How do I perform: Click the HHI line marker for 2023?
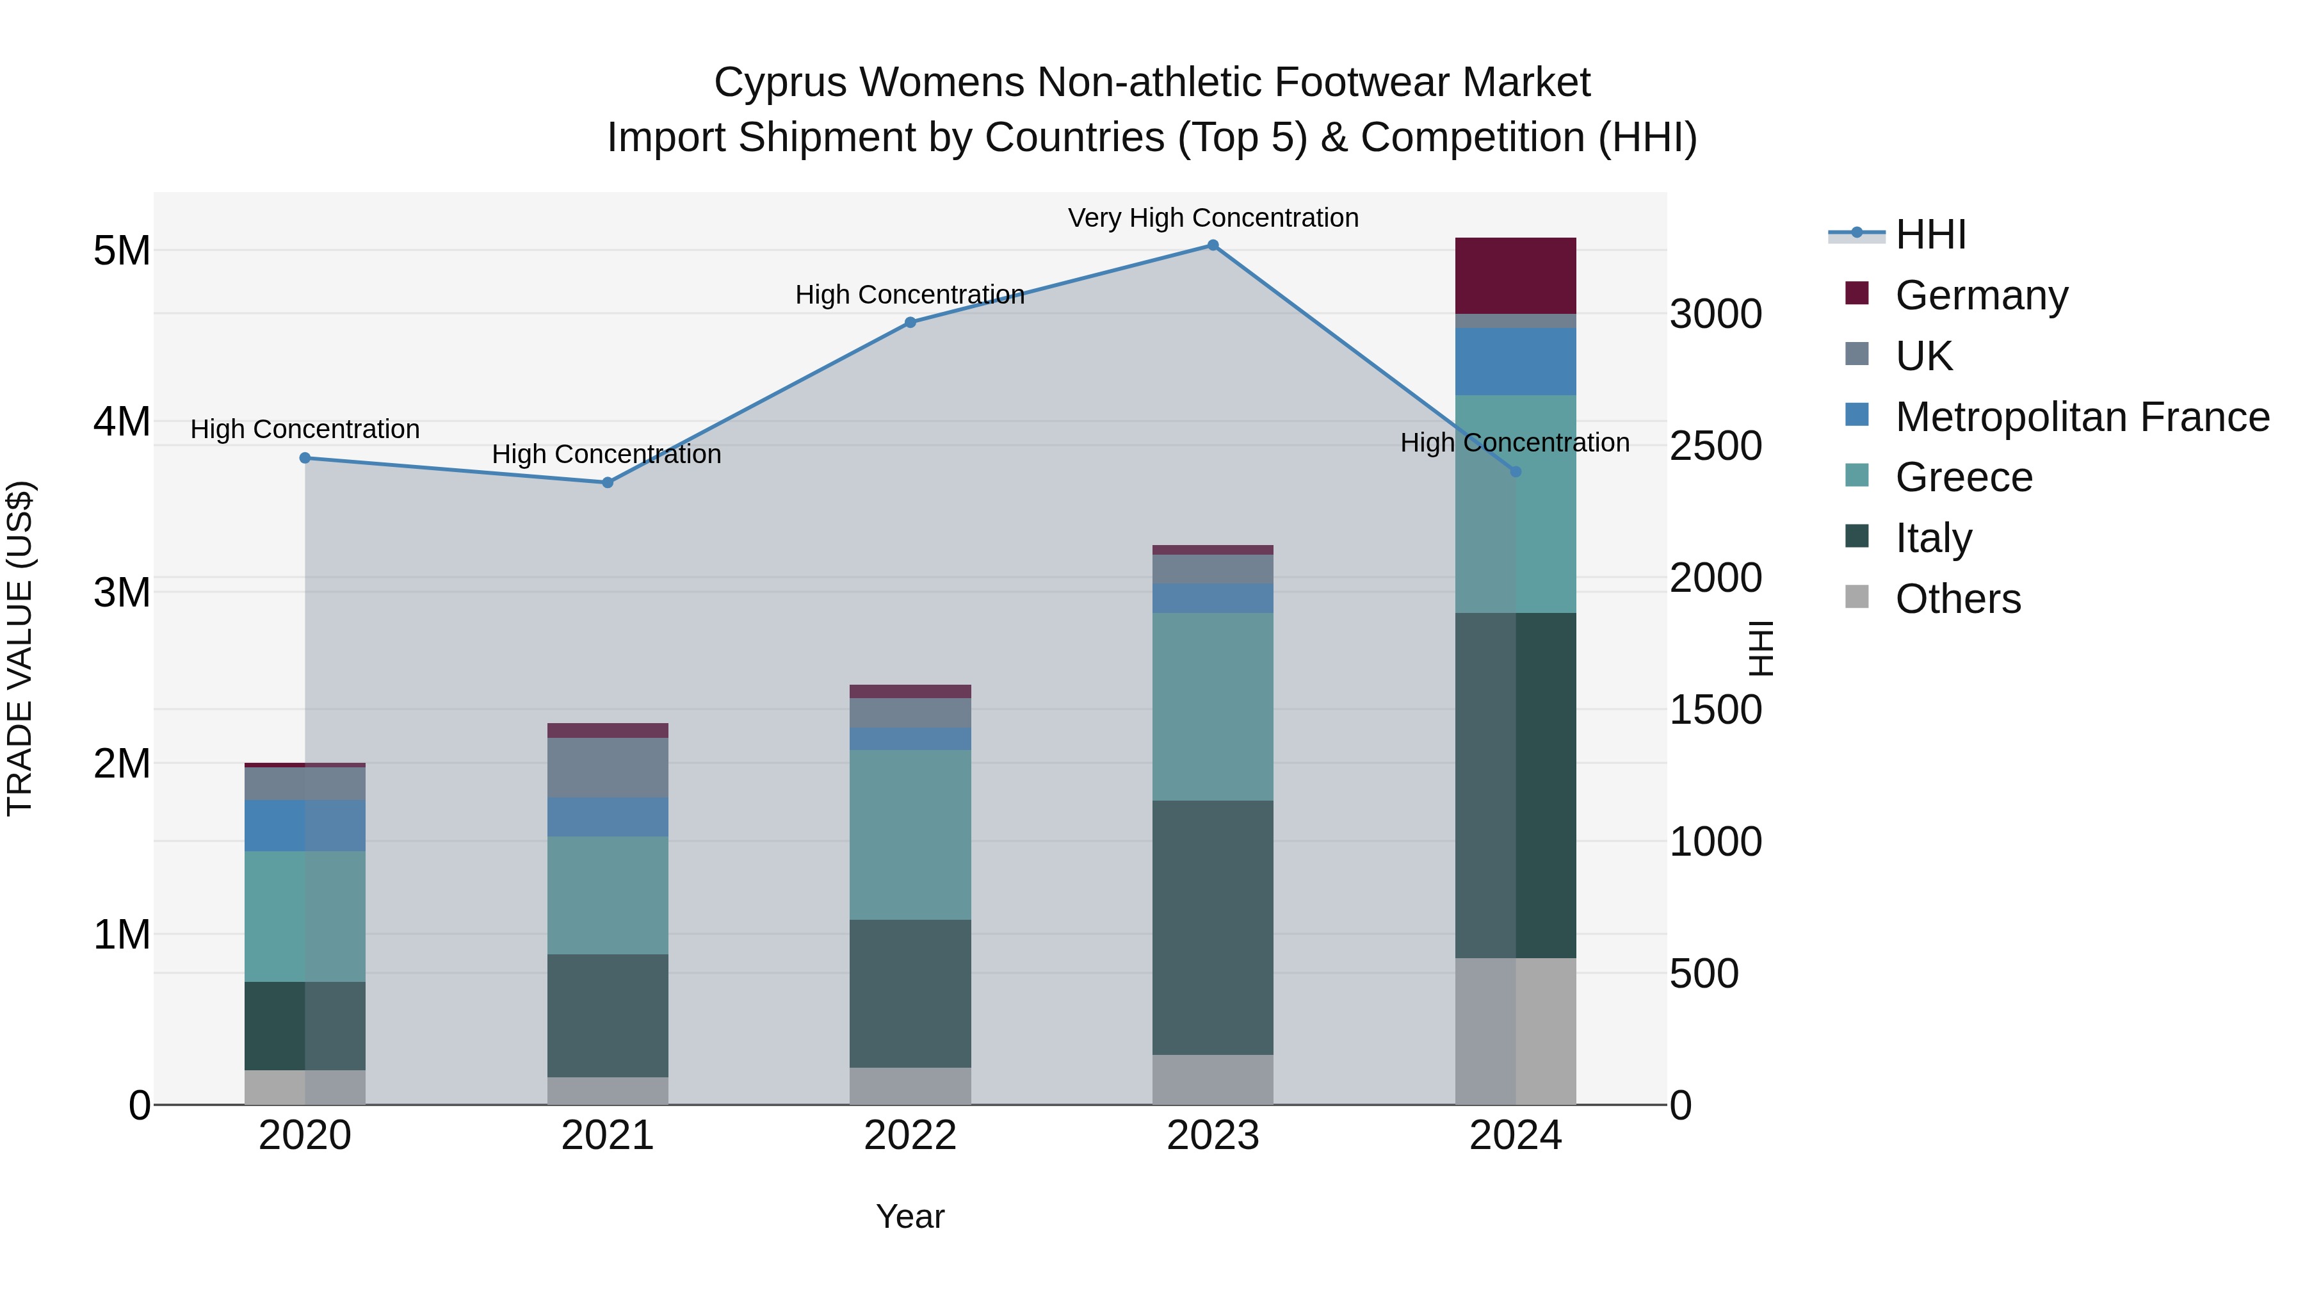point(1213,245)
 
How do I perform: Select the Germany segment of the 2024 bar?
point(1515,275)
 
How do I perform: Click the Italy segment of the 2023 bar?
point(1213,927)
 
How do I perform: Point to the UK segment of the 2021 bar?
point(608,767)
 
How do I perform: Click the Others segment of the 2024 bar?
point(1515,1031)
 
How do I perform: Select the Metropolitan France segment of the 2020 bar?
point(305,826)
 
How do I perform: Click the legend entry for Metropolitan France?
point(2082,417)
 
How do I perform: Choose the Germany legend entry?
point(1981,295)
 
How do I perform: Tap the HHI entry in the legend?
point(1930,234)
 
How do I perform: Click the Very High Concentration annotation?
point(1213,218)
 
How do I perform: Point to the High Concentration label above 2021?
point(607,454)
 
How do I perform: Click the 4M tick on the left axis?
point(122,421)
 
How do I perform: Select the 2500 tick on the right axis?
point(1715,446)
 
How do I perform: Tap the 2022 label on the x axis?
point(910,1136)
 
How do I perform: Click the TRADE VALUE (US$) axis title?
point(20,648)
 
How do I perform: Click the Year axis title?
point(910,1216)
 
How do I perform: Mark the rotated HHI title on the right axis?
point(1759,648)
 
